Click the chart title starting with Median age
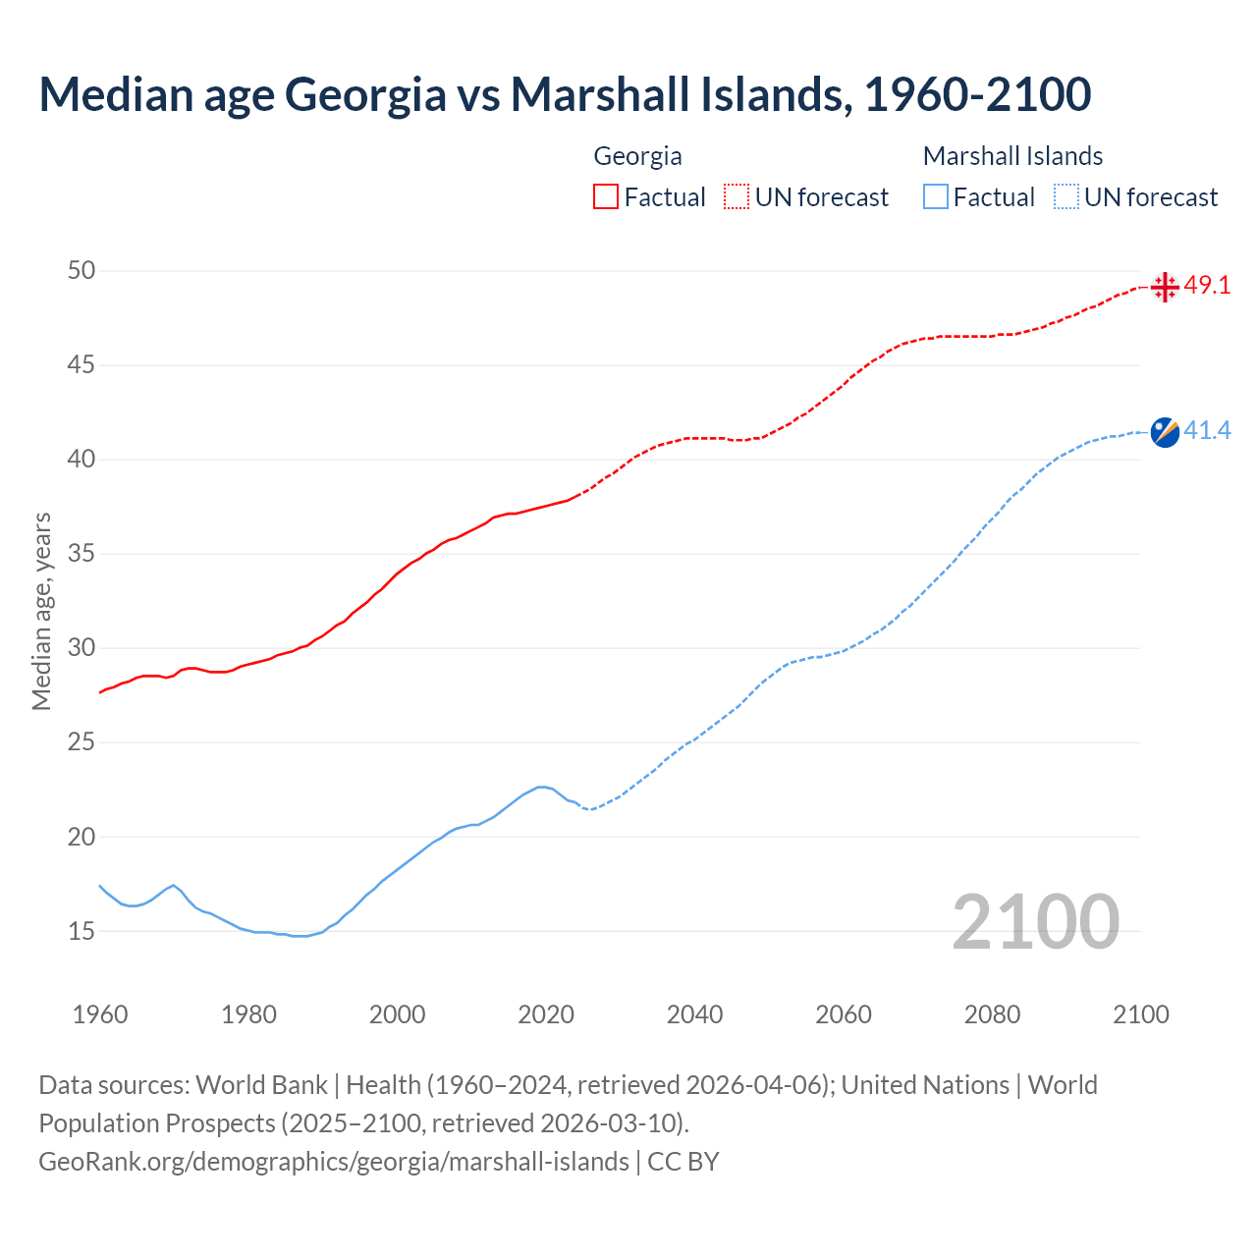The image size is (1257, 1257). coord(565,94)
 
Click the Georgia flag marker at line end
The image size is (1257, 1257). coord(1165,287)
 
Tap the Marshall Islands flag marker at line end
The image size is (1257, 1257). coord(1165,431)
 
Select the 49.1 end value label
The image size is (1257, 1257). coord(1207,286)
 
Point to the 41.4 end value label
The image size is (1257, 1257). coord(1207,430)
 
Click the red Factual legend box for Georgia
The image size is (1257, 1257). coord(606,197)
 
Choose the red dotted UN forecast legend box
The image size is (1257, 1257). coord(737,197)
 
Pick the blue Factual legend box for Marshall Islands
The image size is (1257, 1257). coord(936,197)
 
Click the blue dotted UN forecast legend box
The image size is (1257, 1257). coord(1066,197)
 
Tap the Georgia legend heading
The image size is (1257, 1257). coord(637,156)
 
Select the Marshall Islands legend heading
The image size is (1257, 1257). coord(1012,156)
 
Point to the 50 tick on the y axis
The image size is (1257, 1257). coord(82,270)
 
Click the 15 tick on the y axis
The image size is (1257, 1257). coord(82,931)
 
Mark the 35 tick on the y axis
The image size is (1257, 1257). coord(82,554)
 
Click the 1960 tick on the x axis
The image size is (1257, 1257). coord(100,1014)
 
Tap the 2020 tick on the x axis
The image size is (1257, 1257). coord(546,1014)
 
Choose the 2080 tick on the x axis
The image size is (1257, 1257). coord(992,1014)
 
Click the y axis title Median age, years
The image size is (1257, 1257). coord(41,611)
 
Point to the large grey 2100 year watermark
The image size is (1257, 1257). coord(1035,922)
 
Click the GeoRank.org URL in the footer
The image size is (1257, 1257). coord(334,1162)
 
